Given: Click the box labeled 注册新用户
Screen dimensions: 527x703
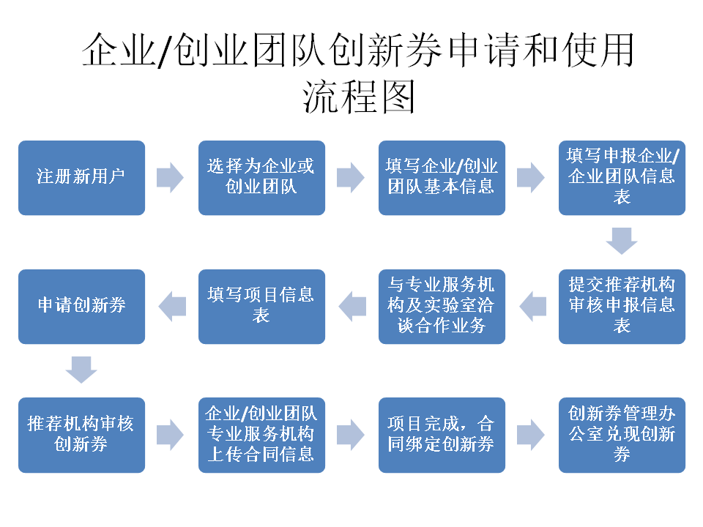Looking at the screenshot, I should (81, 178).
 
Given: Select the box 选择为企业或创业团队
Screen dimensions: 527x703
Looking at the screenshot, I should (261, 178).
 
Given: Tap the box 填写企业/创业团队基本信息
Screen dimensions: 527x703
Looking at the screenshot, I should (442, 178).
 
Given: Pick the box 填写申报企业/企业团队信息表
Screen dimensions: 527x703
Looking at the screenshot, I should (622, 178).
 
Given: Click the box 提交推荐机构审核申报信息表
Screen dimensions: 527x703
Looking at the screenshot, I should (622, 306).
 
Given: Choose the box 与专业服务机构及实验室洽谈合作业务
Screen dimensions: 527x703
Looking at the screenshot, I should (442, 306).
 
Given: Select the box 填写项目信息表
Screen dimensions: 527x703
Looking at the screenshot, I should (261, 306).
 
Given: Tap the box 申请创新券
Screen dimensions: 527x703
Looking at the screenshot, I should (81, 306).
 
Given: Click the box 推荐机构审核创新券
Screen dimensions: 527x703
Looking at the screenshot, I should (81, 435).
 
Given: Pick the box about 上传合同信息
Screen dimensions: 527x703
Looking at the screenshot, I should (261, 435).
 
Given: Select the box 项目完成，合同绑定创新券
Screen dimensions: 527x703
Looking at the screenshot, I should (442, 435).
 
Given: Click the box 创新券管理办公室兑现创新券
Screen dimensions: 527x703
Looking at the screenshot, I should (622, 435).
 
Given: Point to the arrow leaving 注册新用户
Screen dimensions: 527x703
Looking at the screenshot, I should (171, 178).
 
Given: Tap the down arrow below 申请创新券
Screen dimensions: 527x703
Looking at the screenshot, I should (81, 370).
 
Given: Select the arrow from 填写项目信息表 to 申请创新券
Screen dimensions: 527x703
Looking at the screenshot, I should (171, 306).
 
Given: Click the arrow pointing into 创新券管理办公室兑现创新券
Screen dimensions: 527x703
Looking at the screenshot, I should (531, 435).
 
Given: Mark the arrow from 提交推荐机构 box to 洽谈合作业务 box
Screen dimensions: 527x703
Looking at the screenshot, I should (532, 306).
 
